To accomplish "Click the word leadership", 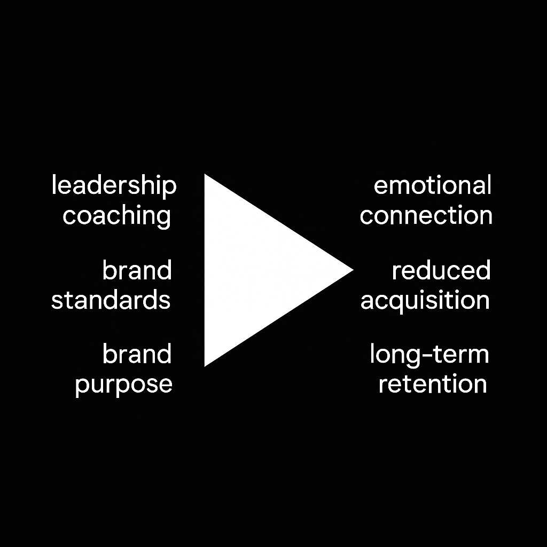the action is click(x=114, y=186).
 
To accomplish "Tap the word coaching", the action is click(x=116, y=216).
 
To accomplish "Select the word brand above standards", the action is click(x=137, y=270).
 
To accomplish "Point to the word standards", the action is click(x=111, y=300).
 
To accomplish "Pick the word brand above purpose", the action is click(x=137, y=354).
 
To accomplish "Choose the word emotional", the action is click(x=432, y=186).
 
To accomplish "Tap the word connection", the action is click(x=426, y=216).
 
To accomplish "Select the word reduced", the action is click(x=441, y=270).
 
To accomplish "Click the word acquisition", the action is click(x=425, y=300).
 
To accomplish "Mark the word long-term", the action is click(x=429, y=355).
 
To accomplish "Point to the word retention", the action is click(x=433, y=384).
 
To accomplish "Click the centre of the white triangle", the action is click(x=254, y=270).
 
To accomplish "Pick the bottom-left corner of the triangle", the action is click(x=206, y=365).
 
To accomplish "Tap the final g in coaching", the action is click(x=162, y=218).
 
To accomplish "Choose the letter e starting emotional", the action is click(x=380, y=186).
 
